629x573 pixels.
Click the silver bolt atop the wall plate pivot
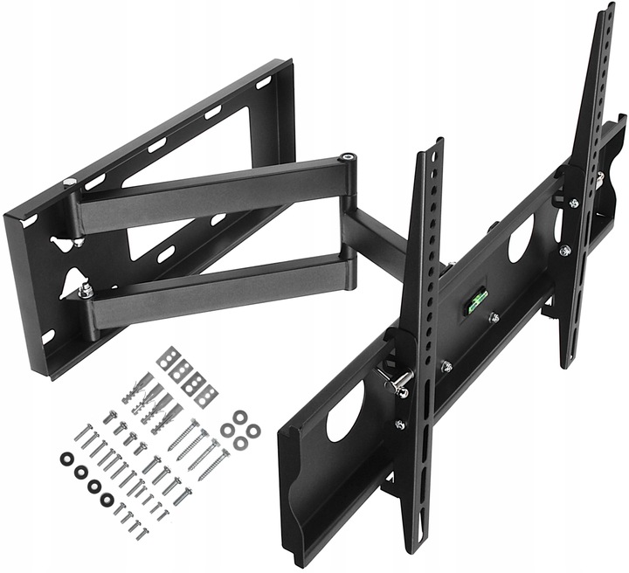[x=69, y=183]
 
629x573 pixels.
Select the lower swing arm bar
[x=218, y=287]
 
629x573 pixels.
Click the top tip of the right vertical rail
[x=606, y=10]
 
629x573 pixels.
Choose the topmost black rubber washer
[x=66, y=459]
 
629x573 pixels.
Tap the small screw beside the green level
[x=494, y=318]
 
